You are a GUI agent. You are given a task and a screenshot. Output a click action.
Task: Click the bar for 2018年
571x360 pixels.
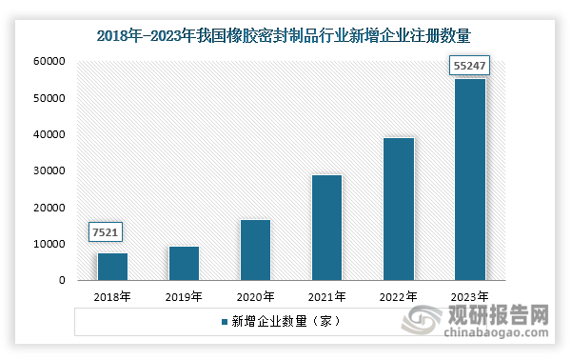112,267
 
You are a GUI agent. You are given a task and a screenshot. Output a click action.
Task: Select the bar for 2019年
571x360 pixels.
184,264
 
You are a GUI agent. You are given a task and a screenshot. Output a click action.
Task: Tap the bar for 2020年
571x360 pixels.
255,250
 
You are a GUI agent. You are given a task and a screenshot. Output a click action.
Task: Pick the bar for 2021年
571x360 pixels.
326,228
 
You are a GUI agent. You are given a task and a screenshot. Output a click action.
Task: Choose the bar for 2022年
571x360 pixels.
398,210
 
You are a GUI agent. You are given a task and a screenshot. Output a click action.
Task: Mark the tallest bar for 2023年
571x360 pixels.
469,180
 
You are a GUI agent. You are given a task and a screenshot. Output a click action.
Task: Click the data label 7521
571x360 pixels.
107,233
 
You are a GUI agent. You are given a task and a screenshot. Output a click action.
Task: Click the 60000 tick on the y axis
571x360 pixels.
48,62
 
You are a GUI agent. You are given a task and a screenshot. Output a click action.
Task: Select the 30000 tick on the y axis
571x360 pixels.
48,171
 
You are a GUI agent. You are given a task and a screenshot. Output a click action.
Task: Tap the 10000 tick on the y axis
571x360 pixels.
48,245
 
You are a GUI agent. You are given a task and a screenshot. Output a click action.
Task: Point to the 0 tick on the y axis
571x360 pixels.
60,281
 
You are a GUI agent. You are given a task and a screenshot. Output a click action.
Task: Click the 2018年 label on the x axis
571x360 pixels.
112,297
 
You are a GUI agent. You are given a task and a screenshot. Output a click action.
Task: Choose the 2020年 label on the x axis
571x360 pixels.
255,297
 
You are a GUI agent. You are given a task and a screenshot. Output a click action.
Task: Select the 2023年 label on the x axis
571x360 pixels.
469,297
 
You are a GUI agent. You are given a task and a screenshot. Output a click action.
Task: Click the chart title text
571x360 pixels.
285,35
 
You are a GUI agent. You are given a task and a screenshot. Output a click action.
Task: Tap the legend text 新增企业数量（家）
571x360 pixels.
285,322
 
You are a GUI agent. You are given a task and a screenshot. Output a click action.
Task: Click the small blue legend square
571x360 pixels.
225,322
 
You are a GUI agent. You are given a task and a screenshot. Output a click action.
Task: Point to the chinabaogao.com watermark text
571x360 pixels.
501,332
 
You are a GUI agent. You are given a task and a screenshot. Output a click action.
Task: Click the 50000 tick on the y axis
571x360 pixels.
48,98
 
